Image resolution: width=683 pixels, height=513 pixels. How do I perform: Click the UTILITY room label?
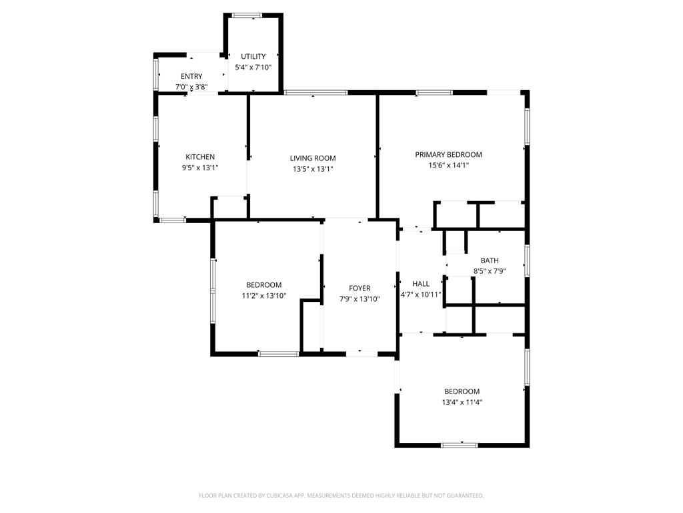click(x=253, y=56)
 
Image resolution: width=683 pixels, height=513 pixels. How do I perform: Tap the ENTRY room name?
click(x=191, y=76)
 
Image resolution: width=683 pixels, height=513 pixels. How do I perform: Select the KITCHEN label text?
click(x=200, y=157)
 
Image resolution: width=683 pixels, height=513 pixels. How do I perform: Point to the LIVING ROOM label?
click(x=313, y=158)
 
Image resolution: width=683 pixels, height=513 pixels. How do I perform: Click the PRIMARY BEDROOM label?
click(x=448, y=154)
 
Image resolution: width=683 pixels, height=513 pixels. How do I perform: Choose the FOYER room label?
click(x=360, y=289)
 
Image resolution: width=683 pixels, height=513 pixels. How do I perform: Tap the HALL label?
click(x=421, y=283)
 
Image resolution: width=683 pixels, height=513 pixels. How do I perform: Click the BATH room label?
click(x=490, y=261)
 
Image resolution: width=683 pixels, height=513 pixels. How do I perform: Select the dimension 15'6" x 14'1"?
click(x=448, y=166)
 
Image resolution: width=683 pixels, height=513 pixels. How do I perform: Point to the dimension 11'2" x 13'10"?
click(x=263, y=296)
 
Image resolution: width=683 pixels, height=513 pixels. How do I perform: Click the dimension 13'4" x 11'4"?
click(x=462, y=402)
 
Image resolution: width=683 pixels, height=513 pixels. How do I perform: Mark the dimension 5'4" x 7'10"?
click(x=253, y=67)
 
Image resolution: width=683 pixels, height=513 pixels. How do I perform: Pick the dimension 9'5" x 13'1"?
click(x=200, y=168)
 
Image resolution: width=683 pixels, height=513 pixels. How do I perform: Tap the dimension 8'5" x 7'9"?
click(x=490, y=271)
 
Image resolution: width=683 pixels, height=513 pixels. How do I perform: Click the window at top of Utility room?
click(x=247, y=15)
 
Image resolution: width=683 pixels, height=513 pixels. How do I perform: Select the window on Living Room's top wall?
click(x=315, y=92)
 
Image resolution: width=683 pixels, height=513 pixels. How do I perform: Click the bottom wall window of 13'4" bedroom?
click(x=459, y=445)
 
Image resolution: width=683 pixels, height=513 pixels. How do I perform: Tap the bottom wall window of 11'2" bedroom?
click(x=278, y=353)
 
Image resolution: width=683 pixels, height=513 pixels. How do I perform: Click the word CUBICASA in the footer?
click(x=285, y=496)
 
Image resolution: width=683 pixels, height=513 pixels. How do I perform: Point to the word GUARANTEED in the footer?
click(x=467, y=496)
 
